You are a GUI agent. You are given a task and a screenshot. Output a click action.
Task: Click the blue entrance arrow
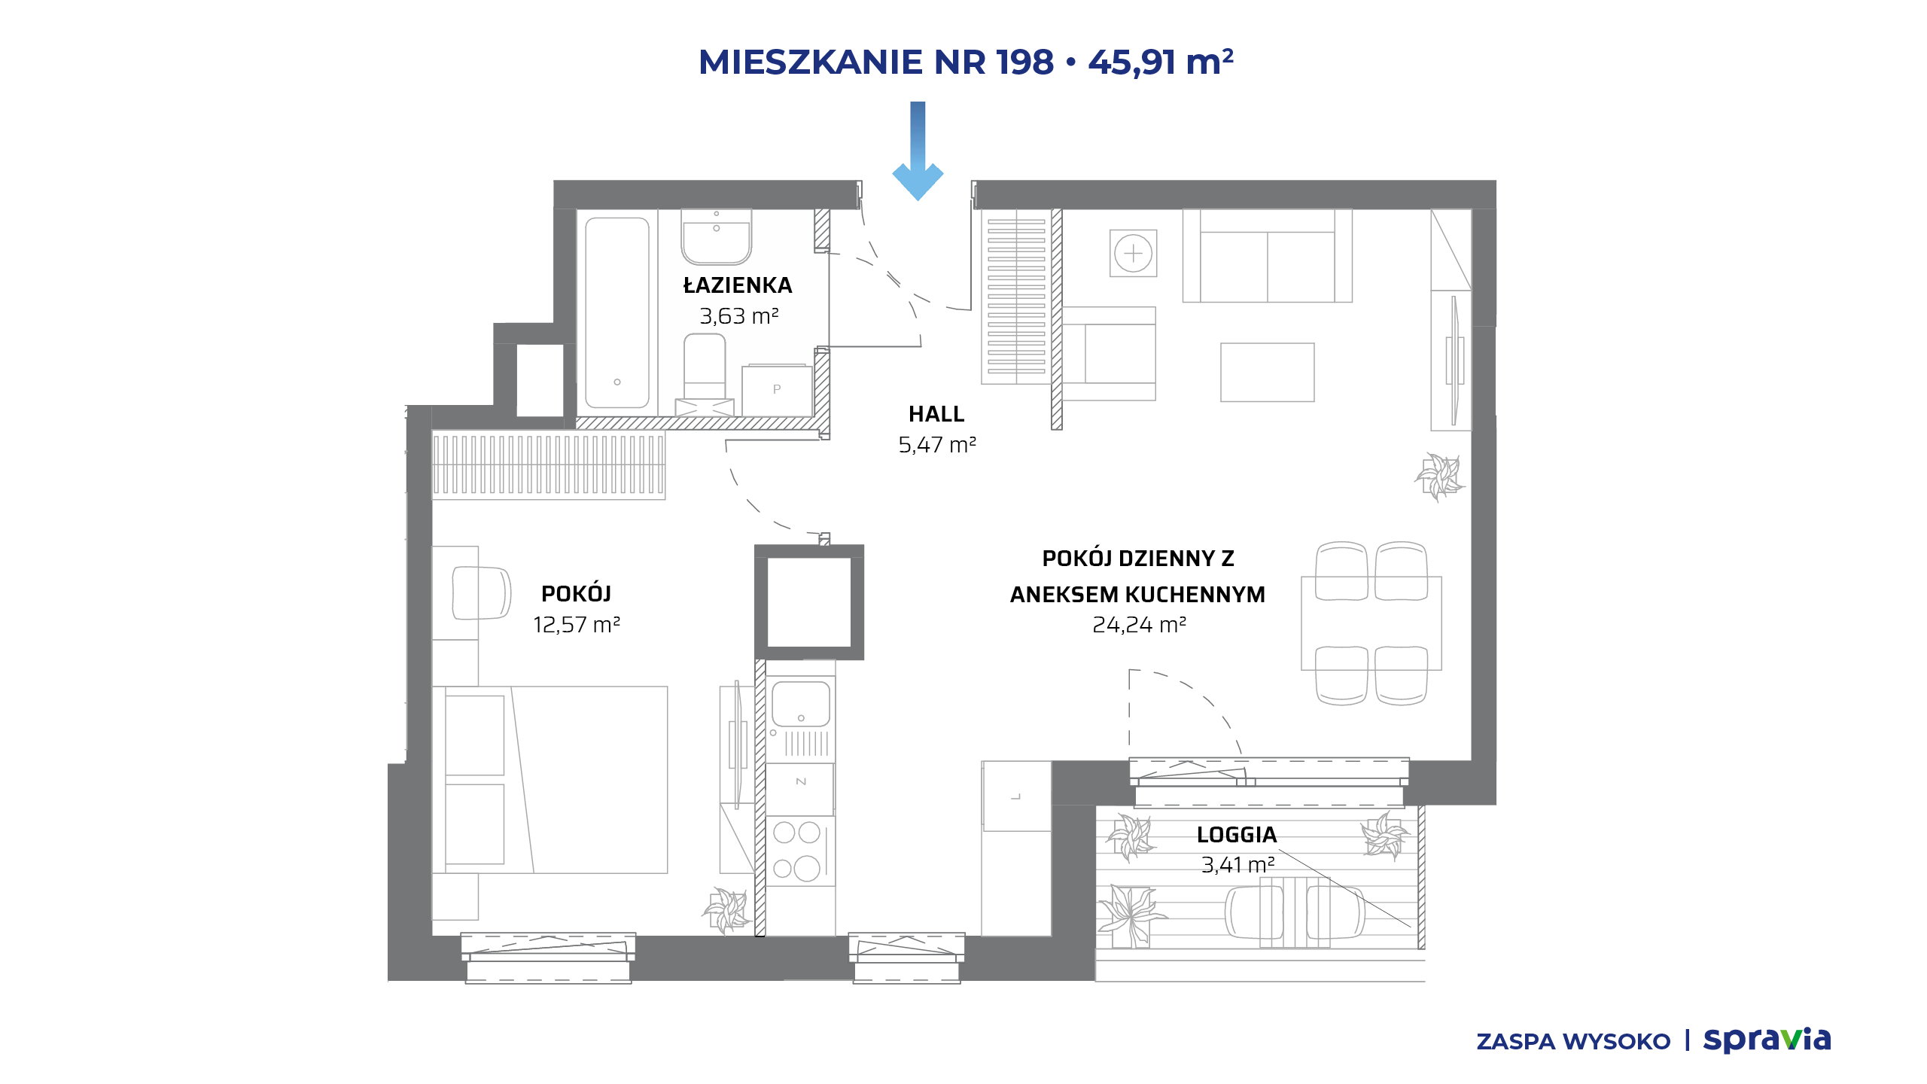click(918, 151)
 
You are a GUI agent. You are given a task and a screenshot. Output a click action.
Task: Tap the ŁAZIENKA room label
click(738, 286)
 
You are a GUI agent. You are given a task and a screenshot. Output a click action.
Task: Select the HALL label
click(936, 414)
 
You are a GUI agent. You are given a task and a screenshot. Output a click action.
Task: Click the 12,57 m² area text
click(577, 625)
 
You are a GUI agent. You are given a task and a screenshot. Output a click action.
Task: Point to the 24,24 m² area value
click(1139, 625)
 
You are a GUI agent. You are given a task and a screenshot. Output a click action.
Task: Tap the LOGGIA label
click(1237, 835)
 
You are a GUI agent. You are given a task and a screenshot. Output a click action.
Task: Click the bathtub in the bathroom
click(617, 312)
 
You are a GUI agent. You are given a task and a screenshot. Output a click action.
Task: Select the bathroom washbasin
click(717, 236)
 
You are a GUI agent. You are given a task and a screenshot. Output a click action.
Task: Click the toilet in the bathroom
click(705, 367)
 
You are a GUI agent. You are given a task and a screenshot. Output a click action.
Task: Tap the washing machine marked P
click(777, 390)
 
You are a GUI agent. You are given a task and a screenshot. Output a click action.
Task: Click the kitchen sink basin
click(801, 704)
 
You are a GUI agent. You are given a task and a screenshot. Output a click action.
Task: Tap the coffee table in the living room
click(1268, 373)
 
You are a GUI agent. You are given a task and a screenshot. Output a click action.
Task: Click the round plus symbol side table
click(1133, 254)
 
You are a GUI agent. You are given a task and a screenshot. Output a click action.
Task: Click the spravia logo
click(1767, 1040)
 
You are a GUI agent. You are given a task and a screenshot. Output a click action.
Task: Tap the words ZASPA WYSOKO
click(1573, 1042)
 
